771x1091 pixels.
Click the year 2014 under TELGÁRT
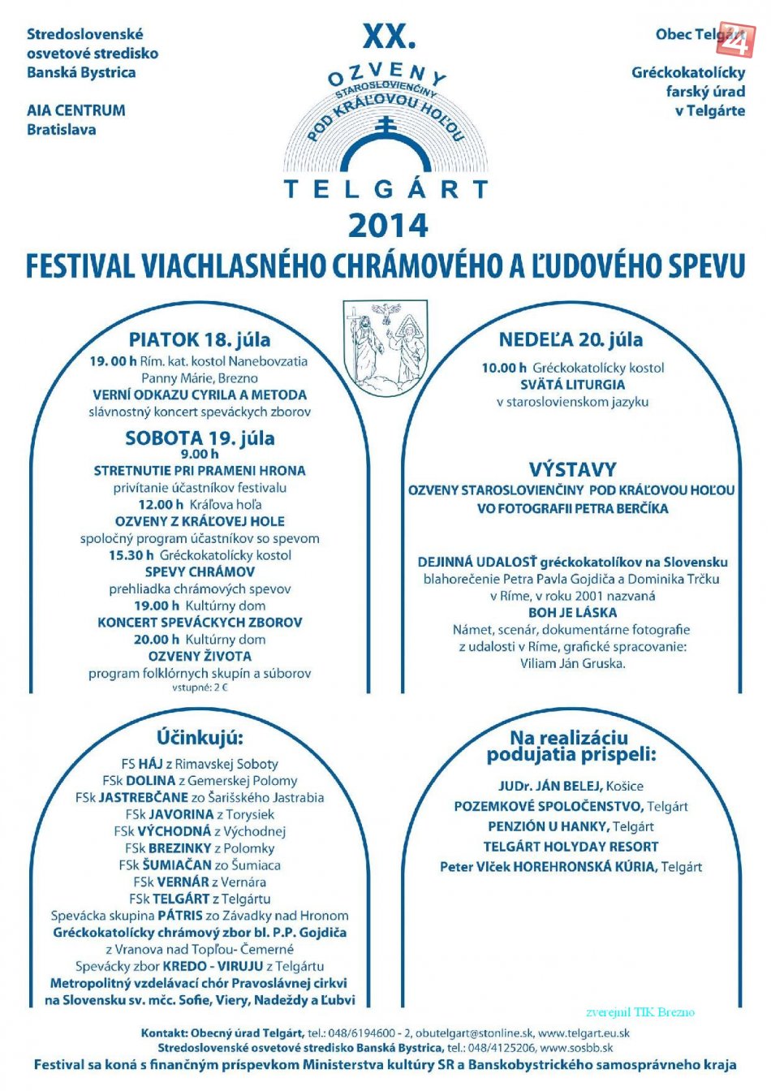coord(388,225)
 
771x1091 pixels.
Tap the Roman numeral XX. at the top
coord(389,36)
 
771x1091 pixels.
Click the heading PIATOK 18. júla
coord(200,339)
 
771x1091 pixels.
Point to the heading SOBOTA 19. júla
coord(200,438)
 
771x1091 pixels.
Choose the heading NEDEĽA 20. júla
coord(571,339)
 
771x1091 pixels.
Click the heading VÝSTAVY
coord(572,469)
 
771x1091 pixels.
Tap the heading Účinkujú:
coord(200,737)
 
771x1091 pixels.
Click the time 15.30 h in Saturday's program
coord(131,555)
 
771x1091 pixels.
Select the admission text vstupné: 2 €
coord(200,688)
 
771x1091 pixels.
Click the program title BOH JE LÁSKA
coord(572,613)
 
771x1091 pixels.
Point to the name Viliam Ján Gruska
coord(572,663)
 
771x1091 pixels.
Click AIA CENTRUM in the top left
coord(76,110)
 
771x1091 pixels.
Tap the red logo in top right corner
coord(737,38)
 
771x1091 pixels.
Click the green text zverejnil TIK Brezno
coord(640,1012)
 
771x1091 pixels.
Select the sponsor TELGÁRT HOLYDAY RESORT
coord(571,847)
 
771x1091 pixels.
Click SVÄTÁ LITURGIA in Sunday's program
coord(572,385)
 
